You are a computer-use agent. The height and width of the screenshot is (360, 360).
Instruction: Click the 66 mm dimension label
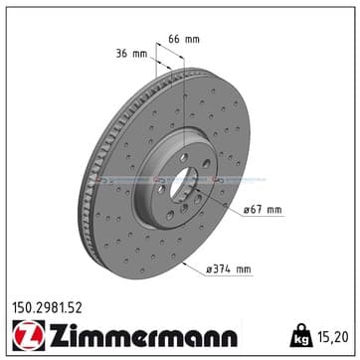(x=184, y=39)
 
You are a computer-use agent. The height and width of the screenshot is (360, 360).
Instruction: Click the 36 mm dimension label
(x=131, y=54)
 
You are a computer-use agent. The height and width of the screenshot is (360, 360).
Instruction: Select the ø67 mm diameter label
(x=263, y=210)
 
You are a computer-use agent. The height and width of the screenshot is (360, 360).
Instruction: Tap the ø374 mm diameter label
(x=229, y=270)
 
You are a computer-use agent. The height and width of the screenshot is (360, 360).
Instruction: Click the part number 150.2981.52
(x=47, y=308)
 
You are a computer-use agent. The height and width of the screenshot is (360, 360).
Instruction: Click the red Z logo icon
(x=29, y=335)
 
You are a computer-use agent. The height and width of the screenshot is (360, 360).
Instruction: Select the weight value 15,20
(x=334, y=337)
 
